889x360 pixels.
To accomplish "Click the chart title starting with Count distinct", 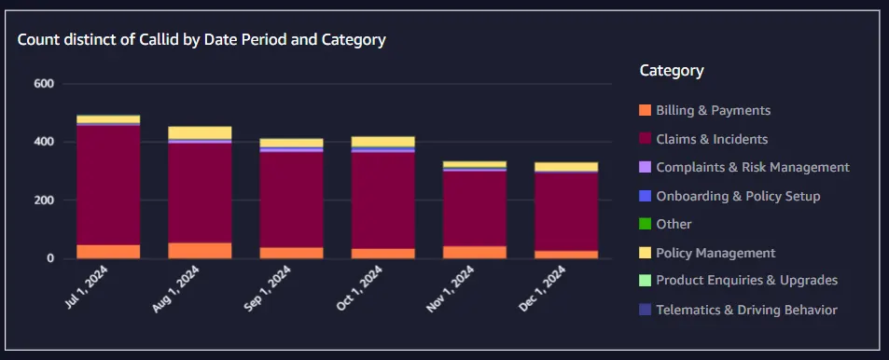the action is [x=201, y=40].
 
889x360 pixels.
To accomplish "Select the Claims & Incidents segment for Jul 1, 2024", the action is [x=108, y=186].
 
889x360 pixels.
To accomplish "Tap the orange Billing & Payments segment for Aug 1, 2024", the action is [x=201, y=251].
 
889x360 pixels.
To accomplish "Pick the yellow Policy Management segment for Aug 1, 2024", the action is [x=201, y=132].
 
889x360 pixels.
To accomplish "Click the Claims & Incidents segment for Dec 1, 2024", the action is [x=566, y=212].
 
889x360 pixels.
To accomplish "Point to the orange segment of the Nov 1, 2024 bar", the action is [x=475, y=253].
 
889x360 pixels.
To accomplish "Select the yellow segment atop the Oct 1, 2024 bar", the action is [x=383, y=142].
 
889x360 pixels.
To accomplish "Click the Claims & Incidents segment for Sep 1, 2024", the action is [x=291, y=200].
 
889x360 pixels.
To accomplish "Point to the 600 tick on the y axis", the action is [x=43, y=84].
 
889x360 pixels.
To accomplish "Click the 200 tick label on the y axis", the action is [x=43, y=201].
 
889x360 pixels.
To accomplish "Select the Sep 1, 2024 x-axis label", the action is [x=268, y=288].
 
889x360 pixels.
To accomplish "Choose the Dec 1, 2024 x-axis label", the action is [x=543, y=288].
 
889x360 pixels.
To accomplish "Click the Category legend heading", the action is [x=672, y=70].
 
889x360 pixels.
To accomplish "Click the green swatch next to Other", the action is [x=646, y=225].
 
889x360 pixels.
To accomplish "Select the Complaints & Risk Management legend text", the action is [x=753, y=167].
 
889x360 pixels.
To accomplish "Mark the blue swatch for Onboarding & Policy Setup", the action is [x=646, y=196].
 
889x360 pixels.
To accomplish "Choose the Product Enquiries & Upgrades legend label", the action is [x=746, y=280].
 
